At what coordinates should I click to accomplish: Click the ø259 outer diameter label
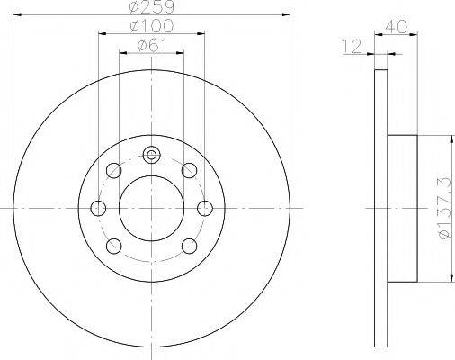(x=152, y=7)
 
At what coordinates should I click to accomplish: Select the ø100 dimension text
(x=152, y=27)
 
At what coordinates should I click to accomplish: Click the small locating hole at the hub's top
(x=152, y=156)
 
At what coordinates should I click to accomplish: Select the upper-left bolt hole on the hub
(x=113, y=171)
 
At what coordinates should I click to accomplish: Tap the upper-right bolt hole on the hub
(x=190, y=171)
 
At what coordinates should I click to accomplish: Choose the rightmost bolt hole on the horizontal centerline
(x=206, y=209)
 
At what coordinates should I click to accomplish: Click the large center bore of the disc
(x=152, y=209)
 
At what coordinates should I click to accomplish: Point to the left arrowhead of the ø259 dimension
(x=16, y=14)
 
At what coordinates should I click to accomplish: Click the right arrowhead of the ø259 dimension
(x=288, y=14)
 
